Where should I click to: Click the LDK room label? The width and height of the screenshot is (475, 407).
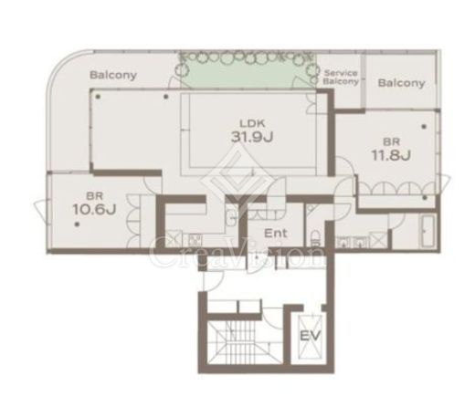[x=252, y=123]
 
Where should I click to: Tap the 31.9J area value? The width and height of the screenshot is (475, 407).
[x=252, y=137]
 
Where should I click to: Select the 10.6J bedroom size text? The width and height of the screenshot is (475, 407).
[x=94, y=209]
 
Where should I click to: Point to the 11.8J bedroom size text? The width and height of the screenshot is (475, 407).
[x=391, y=155]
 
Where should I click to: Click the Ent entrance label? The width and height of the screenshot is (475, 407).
[x=276, y=234]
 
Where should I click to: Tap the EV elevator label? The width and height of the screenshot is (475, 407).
[x=311, y=336]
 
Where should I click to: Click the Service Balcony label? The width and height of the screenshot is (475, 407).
[x=341, y=78]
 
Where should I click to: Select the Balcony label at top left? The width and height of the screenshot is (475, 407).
[x=113, y=75]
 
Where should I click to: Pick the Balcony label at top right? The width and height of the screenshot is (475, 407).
[x=401, y=83]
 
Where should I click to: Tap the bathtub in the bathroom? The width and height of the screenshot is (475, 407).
[x=427, y=231]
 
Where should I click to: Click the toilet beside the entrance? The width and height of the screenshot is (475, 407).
[x=315, y=238]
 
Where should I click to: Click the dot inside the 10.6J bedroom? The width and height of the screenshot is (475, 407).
[x=78, y=224]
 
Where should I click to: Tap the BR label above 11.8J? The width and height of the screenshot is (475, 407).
[x=391, y=141]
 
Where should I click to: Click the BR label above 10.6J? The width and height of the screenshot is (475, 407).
[x=94, y=195]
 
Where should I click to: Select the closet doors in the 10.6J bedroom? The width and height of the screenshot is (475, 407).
[x=133, y=220]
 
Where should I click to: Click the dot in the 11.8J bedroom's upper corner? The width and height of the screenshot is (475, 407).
[x=424, y=126]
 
